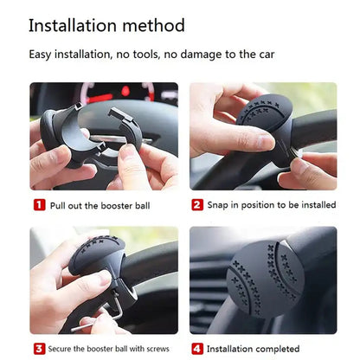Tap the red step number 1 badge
click(38, 205)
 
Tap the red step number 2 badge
click(197, 205)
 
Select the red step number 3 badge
click(38, 349)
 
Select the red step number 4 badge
click(197, 349)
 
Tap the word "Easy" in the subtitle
click(43, 55)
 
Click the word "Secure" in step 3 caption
click(66, 349)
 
